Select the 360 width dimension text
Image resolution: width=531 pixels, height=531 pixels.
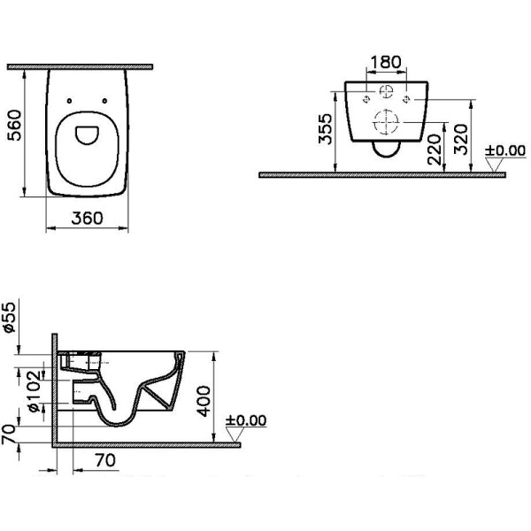point(88,218)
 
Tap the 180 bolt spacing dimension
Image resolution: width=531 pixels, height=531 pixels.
point(385,63)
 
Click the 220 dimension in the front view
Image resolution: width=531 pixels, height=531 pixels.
point(434,155)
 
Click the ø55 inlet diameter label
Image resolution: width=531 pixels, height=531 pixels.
point(10,316)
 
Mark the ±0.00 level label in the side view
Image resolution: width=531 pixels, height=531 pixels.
point(245,420)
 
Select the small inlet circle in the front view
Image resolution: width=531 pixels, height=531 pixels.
point(386,93)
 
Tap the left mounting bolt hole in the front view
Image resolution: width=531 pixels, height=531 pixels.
point(366,99)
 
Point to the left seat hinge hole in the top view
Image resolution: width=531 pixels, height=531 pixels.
point(71,98)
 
